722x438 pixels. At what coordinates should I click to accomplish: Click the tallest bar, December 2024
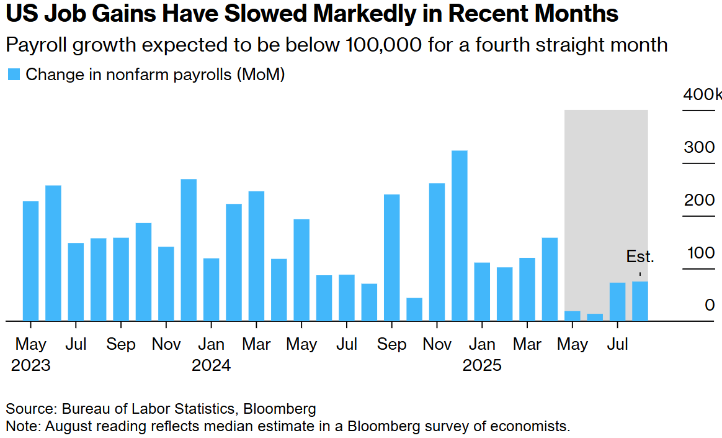459,236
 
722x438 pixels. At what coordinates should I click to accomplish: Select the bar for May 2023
30,261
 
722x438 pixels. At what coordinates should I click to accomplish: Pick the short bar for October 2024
414,309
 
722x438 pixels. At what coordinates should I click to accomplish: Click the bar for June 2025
595,317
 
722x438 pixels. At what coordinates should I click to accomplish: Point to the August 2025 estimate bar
640,301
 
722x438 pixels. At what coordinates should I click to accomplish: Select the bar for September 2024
391,258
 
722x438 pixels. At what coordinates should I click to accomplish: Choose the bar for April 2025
550,280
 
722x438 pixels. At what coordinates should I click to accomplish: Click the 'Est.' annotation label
640,257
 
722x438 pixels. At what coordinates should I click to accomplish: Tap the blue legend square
14,75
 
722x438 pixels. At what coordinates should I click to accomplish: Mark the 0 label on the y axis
710,305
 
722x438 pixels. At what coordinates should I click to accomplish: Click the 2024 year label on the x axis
211,365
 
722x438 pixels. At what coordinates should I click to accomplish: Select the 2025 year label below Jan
482,365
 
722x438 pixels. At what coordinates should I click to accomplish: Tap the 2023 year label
30,365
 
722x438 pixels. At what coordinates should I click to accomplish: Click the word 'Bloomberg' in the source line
280,409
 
